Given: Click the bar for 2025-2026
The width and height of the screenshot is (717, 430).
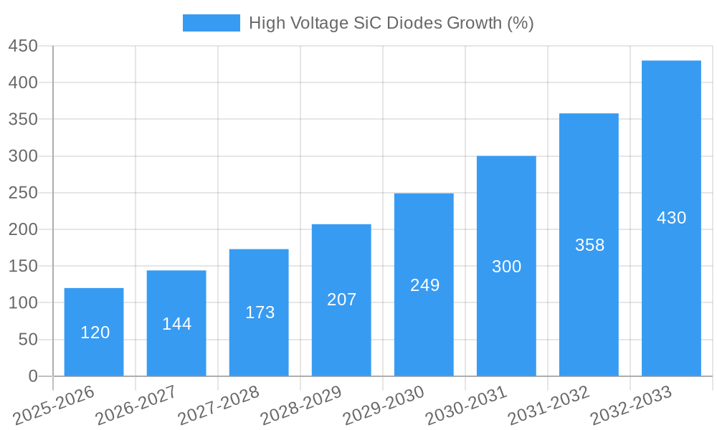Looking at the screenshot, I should [x=94, y=332].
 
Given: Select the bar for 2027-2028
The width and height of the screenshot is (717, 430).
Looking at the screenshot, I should [x=259, y=312].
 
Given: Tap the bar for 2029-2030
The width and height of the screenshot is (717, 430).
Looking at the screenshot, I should [x=424, y=285].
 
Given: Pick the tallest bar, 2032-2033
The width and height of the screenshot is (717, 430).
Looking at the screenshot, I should [x=671, y=218].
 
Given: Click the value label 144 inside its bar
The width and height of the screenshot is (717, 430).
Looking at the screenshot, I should [x=176, y=324].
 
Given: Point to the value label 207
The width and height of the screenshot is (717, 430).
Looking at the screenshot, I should [x=341, y=300].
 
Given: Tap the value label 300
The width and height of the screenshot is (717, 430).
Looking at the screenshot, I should [x=506, y=267].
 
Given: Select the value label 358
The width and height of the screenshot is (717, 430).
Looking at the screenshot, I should [x=589, y=245].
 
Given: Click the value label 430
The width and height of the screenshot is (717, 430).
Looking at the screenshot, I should [x=671, y=218].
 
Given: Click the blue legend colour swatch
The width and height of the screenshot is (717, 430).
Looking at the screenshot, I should [x=212, y=23].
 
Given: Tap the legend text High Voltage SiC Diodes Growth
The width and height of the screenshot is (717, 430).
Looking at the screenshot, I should [x=391, y=23].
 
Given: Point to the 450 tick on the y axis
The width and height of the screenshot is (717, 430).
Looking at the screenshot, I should [x=23, y=46].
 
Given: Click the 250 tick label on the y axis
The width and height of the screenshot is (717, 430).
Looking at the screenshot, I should [x=23, y=193].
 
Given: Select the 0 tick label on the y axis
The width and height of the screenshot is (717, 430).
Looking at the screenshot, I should [x=32, y=376].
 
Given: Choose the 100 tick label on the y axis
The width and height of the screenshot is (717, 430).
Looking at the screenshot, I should [x=23, y=302].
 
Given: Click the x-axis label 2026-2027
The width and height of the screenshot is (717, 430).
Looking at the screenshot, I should [x=136, y=405].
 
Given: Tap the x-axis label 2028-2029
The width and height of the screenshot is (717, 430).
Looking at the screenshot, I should [x=300, y=405].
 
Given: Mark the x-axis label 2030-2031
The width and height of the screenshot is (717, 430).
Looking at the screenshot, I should [x=465, y=405].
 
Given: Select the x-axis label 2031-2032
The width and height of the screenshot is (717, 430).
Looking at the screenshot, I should [x=548, y=405].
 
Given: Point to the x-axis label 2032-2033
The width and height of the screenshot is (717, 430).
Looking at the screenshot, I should [x=630, y=405].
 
